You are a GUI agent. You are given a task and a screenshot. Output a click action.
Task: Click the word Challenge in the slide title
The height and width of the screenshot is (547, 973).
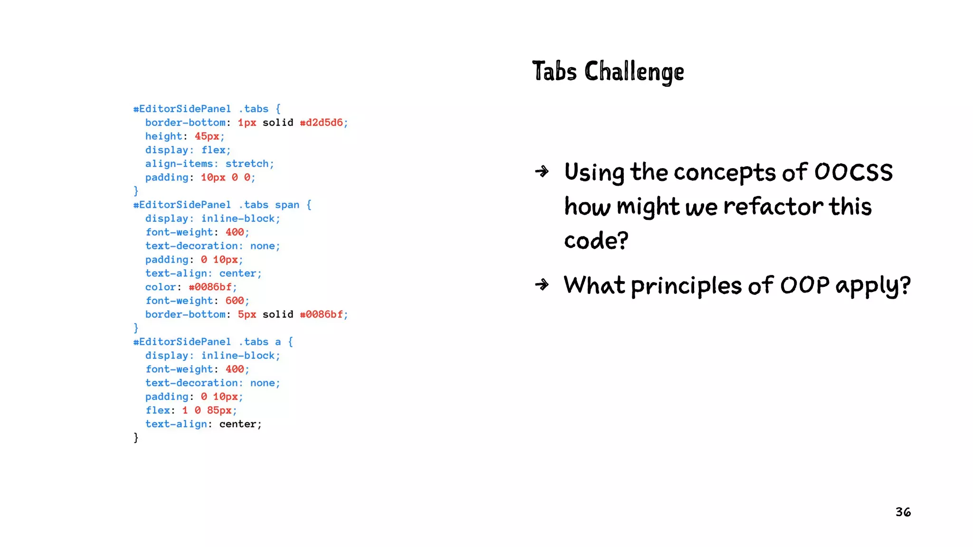634,72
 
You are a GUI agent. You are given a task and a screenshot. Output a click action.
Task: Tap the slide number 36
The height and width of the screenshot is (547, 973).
903,512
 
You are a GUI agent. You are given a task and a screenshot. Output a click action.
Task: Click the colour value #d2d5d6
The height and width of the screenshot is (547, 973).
321,123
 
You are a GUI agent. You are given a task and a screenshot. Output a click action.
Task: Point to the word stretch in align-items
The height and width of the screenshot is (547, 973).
247,164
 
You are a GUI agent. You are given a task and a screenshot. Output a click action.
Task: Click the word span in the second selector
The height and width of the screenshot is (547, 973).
287,205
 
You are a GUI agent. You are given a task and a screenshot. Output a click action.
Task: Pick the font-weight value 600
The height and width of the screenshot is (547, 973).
235,301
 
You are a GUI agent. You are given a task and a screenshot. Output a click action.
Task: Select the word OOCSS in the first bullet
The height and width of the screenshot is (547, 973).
853,172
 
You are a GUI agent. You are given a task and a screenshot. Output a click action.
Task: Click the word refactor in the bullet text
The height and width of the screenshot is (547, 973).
773,207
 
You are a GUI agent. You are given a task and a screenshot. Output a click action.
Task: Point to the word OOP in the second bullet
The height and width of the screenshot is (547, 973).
805,285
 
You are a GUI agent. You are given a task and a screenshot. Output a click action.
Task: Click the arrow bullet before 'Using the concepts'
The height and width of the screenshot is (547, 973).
542,171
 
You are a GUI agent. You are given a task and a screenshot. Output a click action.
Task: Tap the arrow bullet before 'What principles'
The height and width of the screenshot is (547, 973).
542,284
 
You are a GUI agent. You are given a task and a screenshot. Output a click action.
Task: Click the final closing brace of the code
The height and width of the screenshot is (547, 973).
136,437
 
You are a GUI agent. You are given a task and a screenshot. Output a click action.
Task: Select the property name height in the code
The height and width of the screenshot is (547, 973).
163,136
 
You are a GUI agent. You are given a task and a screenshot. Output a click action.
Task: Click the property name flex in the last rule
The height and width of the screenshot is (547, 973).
158,410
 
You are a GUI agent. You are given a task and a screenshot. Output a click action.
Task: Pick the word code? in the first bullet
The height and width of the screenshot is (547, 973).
596,241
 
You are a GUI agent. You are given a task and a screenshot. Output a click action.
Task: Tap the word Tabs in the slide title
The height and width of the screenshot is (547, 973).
554,72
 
